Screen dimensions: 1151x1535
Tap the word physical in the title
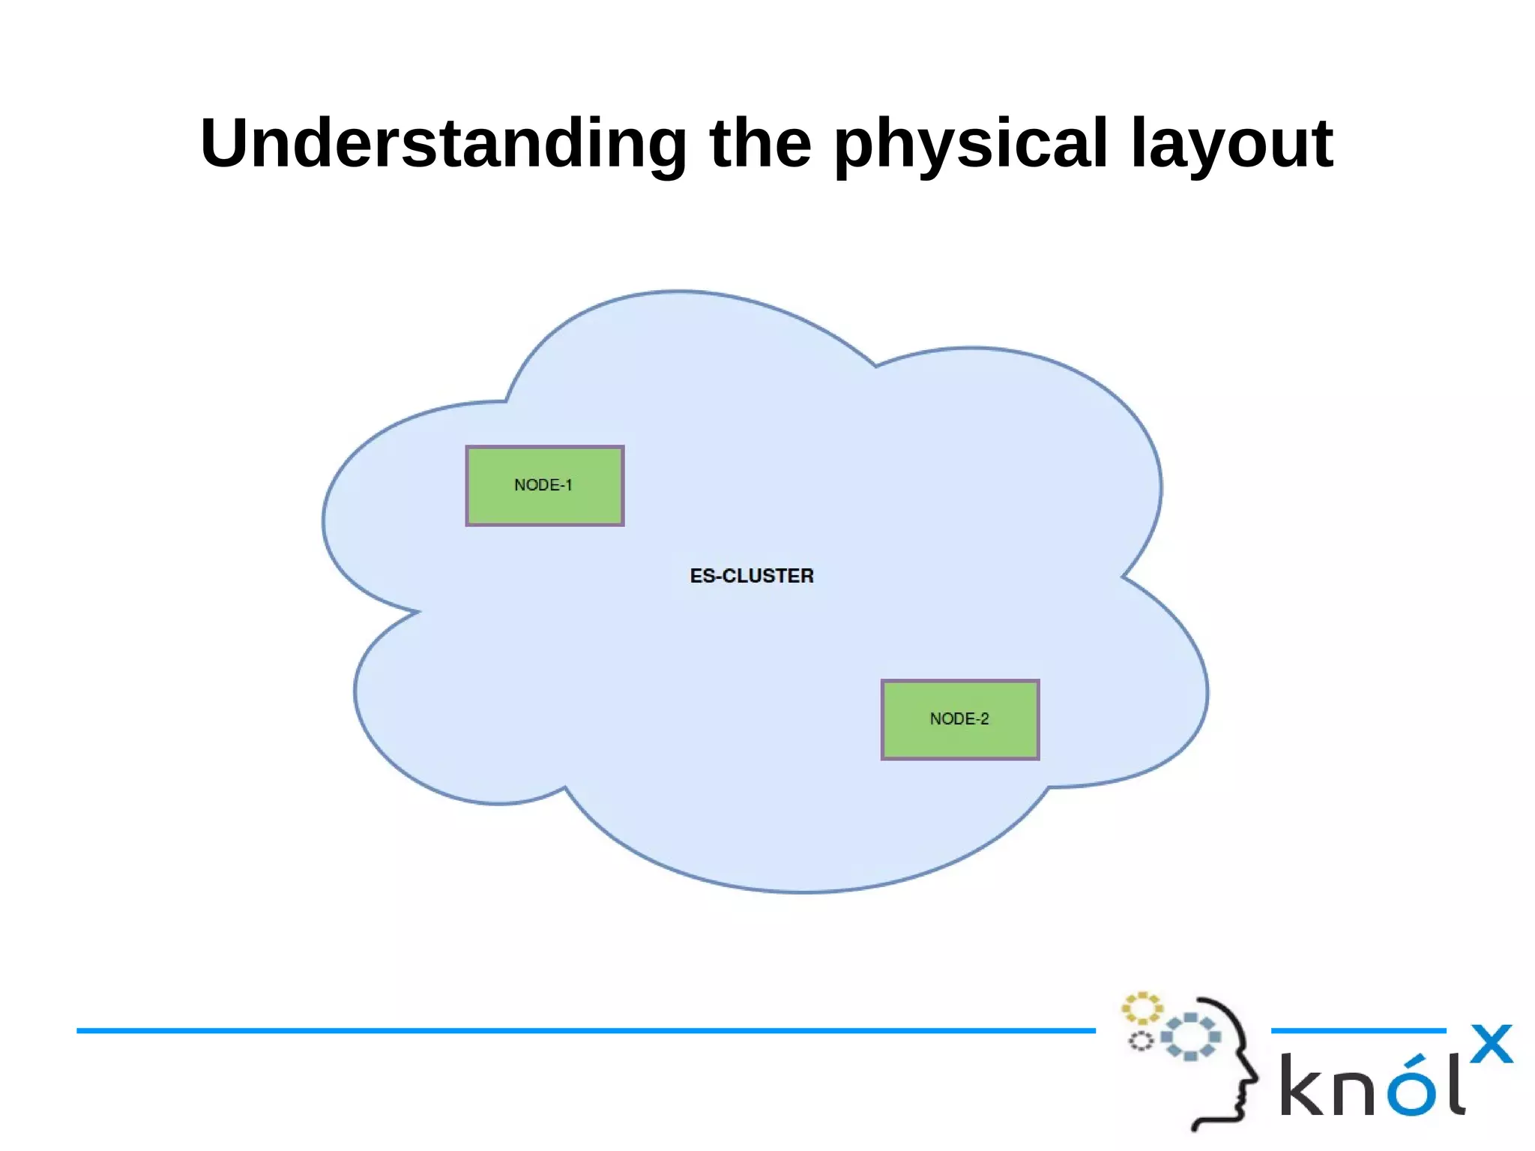[x=970, y=144]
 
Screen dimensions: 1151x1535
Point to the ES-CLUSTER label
[x=752, y=576]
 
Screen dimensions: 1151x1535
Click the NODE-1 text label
[x=543, y=485]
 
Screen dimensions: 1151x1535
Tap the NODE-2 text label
[x=959, y=719]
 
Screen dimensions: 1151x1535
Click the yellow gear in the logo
[x=1142, y=1009]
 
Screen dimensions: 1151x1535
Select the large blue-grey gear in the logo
[x=1190, y=1037]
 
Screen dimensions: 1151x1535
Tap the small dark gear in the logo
[x=1141, y=1042]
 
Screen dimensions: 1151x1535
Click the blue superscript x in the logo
[x=1491, y=1044]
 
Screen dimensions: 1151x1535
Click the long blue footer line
[x=585, y=1030]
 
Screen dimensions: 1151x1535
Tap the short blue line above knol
[x=1357, y=1030]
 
